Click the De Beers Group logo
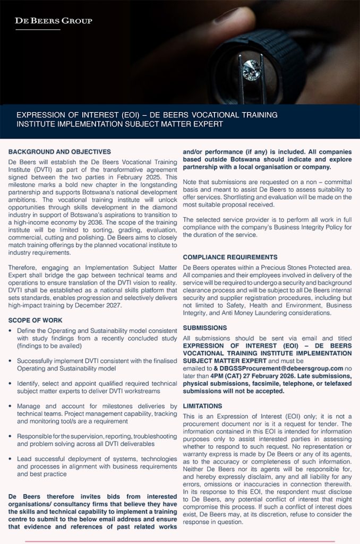pos(53,21)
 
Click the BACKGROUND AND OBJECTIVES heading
pos(59,152)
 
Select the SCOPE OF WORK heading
pos(35,320)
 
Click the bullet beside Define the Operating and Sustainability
pos(11,331)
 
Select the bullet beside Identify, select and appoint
pos(11,383)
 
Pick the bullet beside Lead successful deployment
pos(11,458)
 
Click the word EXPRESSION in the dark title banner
pos(39,115)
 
